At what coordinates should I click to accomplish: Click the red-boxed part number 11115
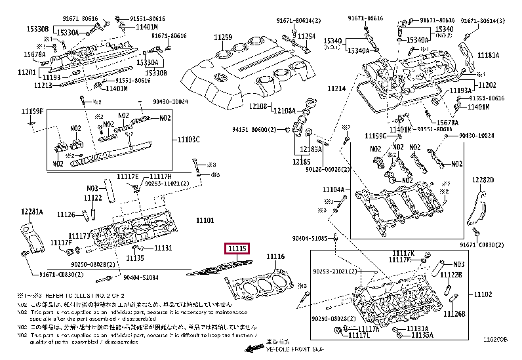pos(237,248)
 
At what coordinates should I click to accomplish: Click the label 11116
pos(275,256)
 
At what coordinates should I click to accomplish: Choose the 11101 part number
pos(205,220)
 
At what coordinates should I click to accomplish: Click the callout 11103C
pos(188,140)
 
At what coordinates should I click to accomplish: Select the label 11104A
pos(333,190)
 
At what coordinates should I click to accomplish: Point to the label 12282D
pos(483,179)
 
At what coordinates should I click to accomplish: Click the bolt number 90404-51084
pos(141,278)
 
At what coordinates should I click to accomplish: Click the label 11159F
pos(31,111)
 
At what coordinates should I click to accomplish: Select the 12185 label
pos(301,161)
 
